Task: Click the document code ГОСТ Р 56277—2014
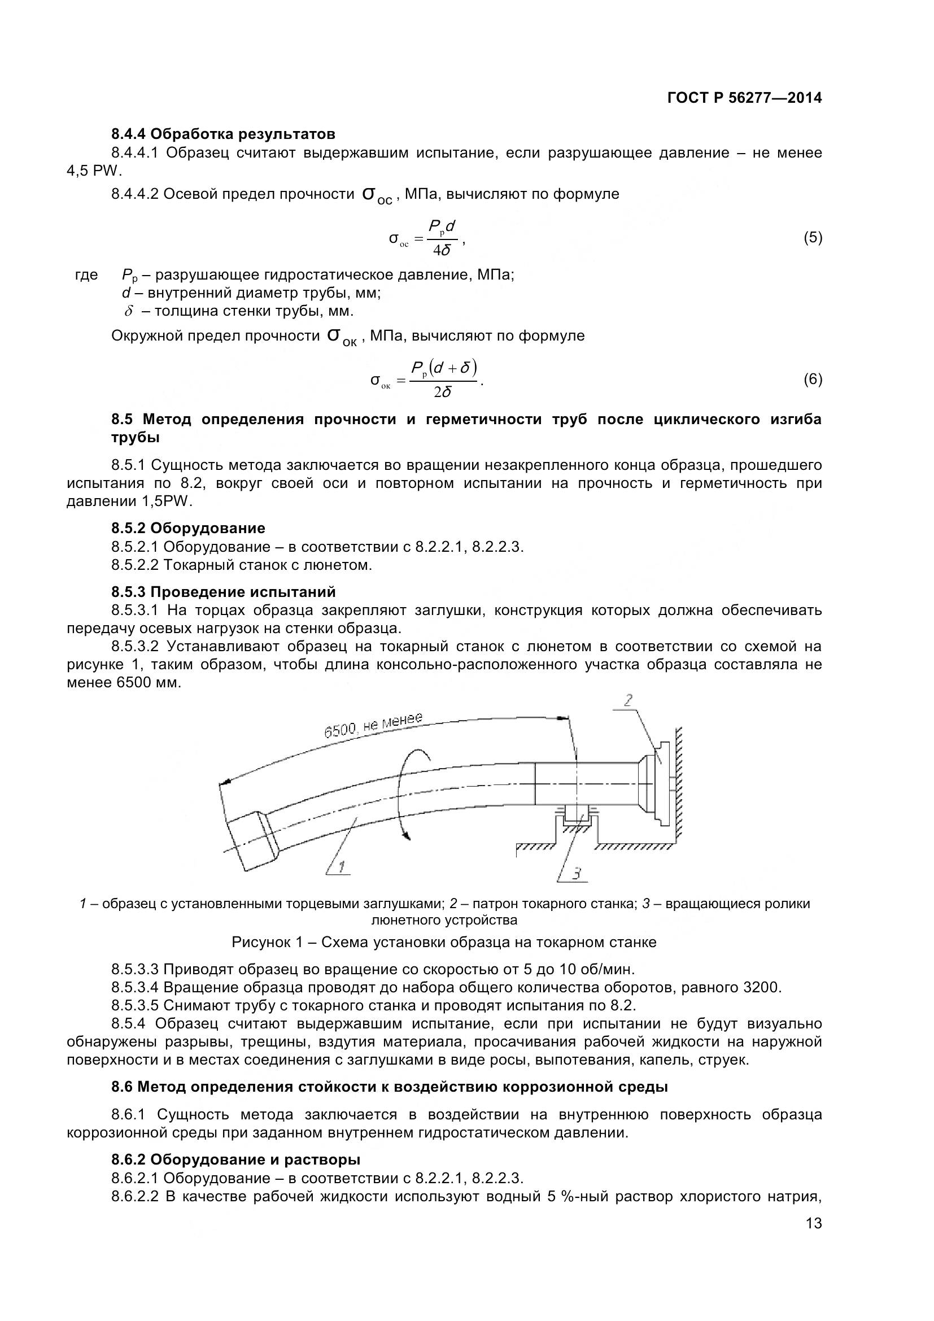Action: point(744,98)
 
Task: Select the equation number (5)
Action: point(812,237)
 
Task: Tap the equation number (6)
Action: point(812,379)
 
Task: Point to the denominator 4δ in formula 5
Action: point(442,250)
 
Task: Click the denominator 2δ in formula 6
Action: point(442,393)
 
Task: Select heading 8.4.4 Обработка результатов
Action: point(223,134)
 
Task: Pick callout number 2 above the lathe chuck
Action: point(628,700)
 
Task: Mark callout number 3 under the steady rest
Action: point(577,873)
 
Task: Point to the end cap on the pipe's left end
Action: point(251,840)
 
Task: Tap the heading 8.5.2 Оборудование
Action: point(188,527)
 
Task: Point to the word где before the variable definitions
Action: point(86,275)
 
